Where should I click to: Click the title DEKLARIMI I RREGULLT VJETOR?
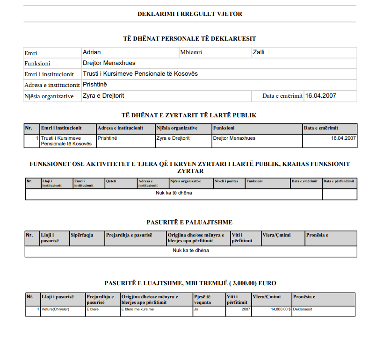coord(190,14)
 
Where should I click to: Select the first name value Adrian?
coord(92,52)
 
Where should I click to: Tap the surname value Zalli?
coord(259,52)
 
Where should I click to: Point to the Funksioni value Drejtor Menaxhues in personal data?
coord(109,63)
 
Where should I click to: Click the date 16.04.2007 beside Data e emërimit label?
coord(320,96)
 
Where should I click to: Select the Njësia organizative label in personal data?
coord(49,96)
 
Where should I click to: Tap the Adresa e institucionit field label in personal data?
coord(52,85)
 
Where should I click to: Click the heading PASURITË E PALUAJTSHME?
coord(190,222)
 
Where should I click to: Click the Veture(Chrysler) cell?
coord(55,309)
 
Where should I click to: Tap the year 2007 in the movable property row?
coord(246,309)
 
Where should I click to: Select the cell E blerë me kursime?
coord(137,309)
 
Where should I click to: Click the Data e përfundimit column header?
coord(339,181)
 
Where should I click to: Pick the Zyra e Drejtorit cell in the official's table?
coord(172,138)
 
